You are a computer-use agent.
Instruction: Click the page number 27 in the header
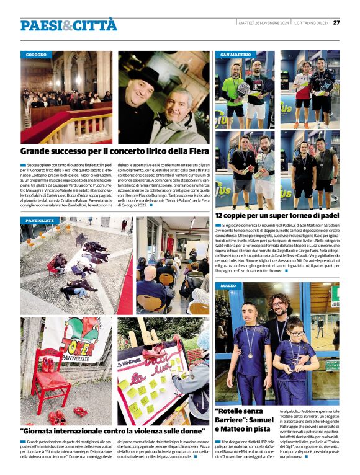pos(336,23)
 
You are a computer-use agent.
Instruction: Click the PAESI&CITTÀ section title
pos(68,25)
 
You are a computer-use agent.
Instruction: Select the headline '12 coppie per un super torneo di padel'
pos(276,214)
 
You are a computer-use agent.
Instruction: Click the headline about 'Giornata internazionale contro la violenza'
pos(112,430)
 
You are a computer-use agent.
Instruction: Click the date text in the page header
pos(263,23)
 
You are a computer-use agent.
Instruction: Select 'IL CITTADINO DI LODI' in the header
pos(310,23)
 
